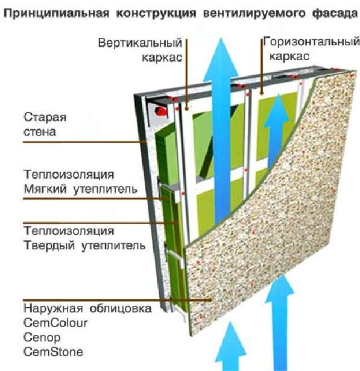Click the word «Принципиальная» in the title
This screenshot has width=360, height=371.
pyautogui.click(x=57, y=13)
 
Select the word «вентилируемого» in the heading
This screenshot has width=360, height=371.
pyautogui.click(x=254, y=13)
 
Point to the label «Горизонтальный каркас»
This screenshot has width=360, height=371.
pyautogui.click(x=311, y=49)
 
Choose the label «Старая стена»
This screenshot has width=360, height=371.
pyautogui.click(x=45, y=125)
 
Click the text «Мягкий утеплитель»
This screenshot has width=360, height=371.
pyautogui.click(x=81, y=189)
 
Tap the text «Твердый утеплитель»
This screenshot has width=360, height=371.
pyautogui.click(x=84, y=246)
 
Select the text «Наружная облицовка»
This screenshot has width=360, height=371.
pyautogui.click(x=87, y=308)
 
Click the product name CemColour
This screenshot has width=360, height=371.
pyautogui.click(x=55, y=323)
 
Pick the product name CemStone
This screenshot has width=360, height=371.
pyautogui.click(x=53, y=352)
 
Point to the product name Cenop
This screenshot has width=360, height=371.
pyautogui.click(x=42, y=338)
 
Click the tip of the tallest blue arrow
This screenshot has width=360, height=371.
pyautogui.click(x=221, y=39)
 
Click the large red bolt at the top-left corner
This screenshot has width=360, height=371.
pyautogui.click(x=162, y=111)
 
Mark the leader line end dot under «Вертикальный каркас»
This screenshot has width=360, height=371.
pyautogui.click(x=186, y=108)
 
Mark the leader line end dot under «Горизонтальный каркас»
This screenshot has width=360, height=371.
pyautogui.click(x=262, y=93)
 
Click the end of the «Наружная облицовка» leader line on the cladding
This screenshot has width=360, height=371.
pyautogui.click(x=210, y=300)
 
